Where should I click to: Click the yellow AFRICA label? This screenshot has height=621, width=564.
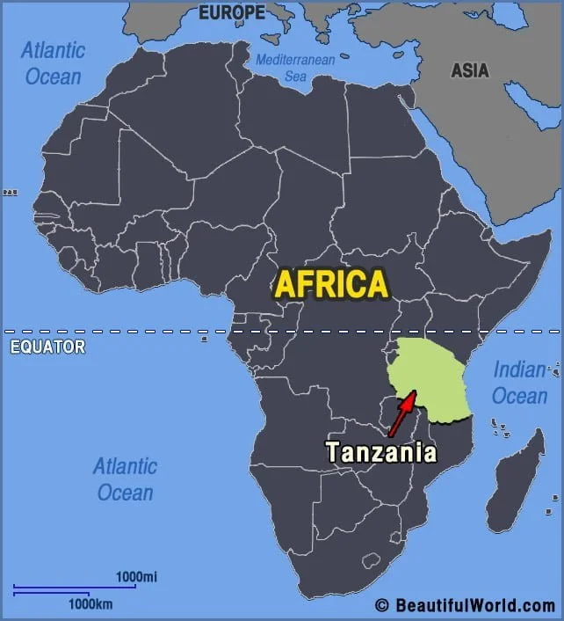[330, 284]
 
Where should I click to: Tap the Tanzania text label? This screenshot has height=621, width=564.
[380, 452]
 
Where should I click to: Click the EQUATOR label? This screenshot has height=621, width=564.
[47, 347]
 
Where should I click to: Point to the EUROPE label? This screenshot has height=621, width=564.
[231, 12]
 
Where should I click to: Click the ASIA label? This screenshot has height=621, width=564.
[470, 70]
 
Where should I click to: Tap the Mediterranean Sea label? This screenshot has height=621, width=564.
[295, 68]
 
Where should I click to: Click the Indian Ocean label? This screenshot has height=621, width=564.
[519, 383]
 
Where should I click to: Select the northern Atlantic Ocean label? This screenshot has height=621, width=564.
[53, 62]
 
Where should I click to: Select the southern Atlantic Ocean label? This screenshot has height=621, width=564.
[126, 479]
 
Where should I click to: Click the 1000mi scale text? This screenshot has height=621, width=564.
[136, 576]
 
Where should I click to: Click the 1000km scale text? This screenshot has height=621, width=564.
[90, 604]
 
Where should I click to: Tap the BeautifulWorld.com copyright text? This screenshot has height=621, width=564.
[474, 605]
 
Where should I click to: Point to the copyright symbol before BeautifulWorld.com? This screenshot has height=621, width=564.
[382, 605]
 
